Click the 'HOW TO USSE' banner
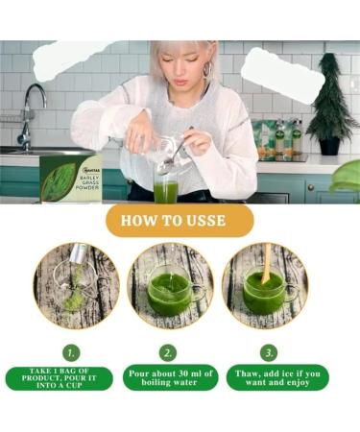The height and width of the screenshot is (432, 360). [180, 220]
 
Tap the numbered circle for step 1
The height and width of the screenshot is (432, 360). [69, 352]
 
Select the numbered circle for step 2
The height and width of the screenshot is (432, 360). [169, 352]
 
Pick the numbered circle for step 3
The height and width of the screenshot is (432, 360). [269, 352]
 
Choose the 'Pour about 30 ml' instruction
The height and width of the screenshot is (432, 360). [169, 377]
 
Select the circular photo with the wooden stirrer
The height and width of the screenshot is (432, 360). [269, 284]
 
